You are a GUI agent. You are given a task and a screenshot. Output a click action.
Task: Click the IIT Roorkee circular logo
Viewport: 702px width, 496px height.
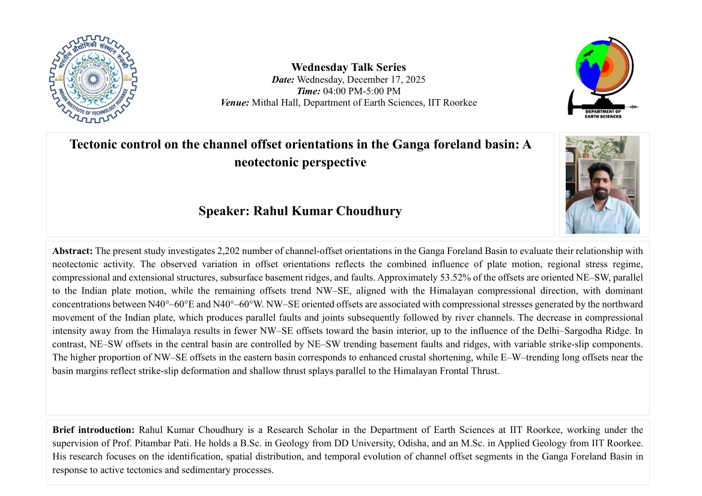pos(93,79)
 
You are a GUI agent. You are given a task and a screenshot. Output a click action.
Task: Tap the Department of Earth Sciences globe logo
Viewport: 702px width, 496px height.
pos(603,76)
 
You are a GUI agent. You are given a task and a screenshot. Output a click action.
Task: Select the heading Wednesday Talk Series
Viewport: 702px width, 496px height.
pos(348,67)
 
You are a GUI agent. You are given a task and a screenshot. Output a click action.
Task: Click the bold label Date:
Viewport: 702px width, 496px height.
pos(283,79)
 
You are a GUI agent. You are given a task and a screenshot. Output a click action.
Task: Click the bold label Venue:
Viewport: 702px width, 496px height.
pos(235,103)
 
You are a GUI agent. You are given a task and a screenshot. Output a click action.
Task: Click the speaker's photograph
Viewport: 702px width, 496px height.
pos(602,184)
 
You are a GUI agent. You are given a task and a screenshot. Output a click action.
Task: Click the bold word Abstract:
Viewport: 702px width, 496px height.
pos(73,250)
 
